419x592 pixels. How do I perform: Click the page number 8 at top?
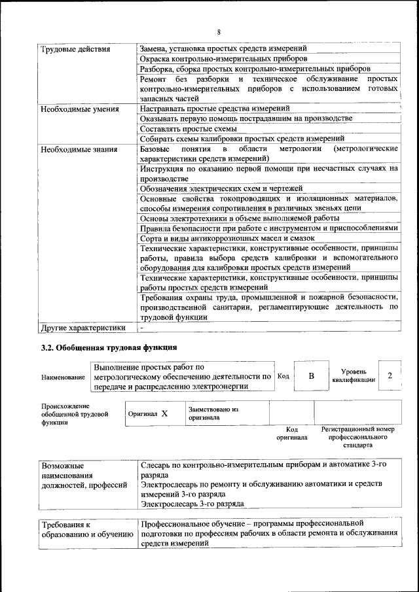click(x=219, y=32)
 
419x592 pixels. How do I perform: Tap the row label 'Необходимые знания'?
click(x=79, y=149)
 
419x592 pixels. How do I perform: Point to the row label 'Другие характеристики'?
click(x=82, y=327)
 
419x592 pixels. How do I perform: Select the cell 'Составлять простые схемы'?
click(x=180, y=128)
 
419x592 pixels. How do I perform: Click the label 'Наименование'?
click(x=63, y=377)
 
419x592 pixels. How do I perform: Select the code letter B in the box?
click(x=312, y=376)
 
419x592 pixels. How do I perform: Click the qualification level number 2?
click(x=390, y=375)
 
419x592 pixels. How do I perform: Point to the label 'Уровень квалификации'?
click(x=354, y=375)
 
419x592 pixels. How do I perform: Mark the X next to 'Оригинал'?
click(x=164, y=413)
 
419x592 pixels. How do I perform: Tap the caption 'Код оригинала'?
click(x=291, y=434)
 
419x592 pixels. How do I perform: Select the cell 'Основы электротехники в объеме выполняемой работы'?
click(x=240, y=218)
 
